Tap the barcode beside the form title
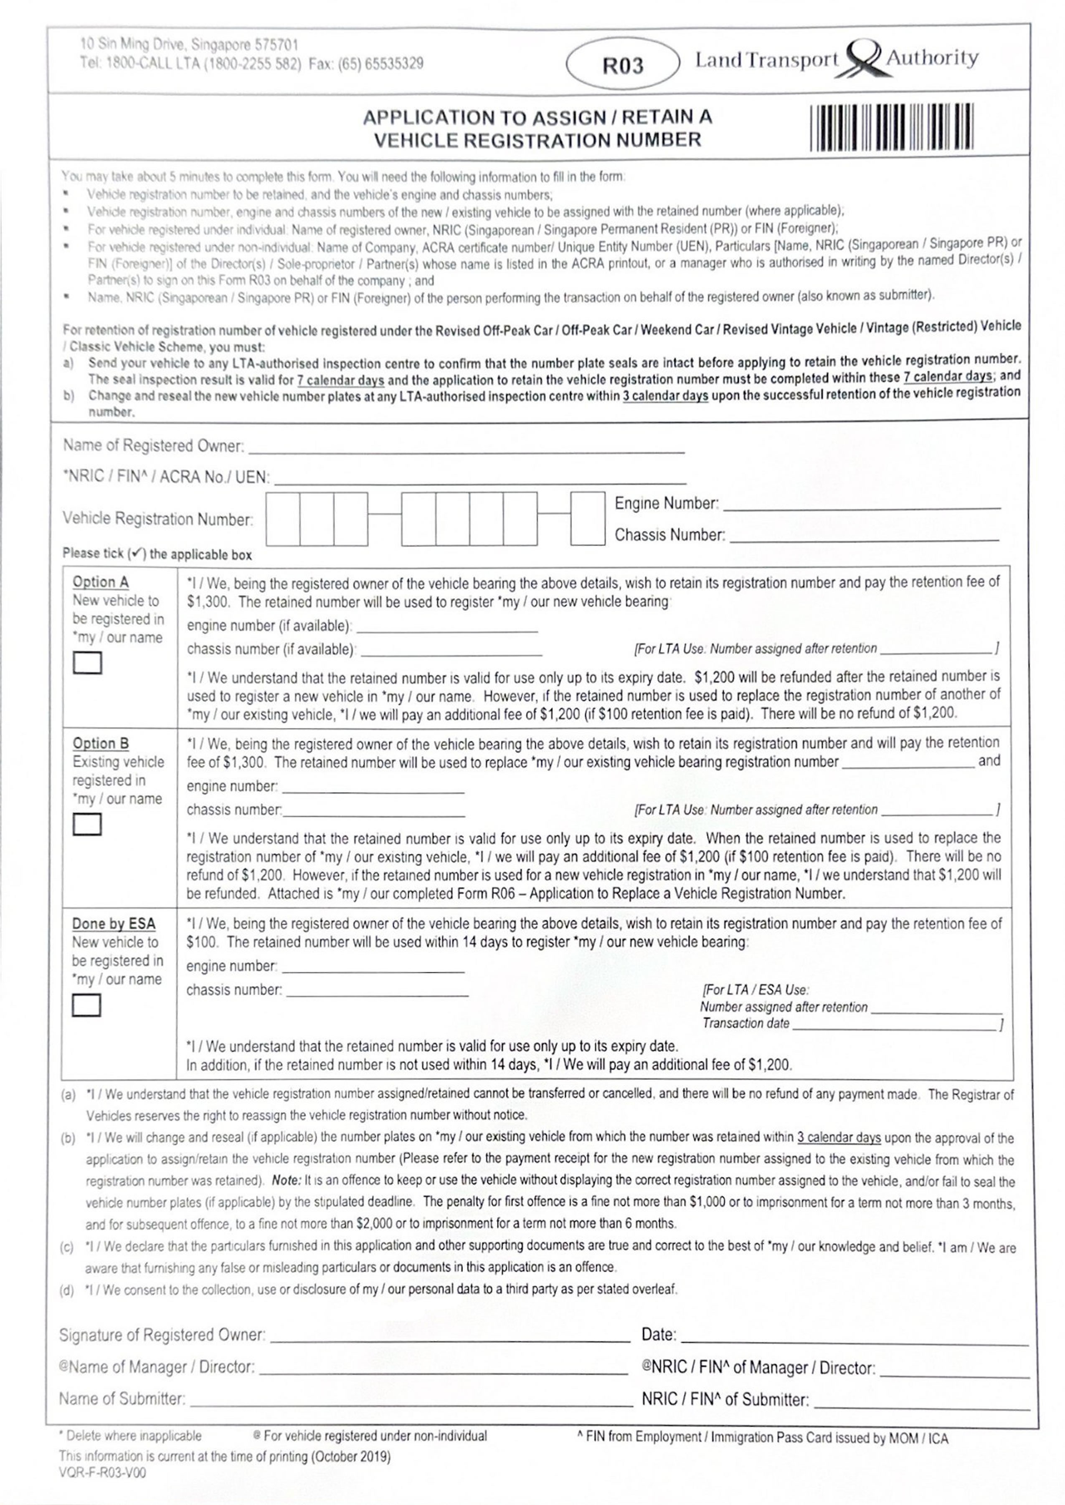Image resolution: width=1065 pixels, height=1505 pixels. point(891,127)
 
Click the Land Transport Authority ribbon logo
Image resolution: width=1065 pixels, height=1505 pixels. point(865,60)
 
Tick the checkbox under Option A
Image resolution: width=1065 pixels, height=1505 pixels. point(87,663)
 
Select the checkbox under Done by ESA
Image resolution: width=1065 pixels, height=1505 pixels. point(86,1005)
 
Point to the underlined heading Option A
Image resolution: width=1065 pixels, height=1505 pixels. point(100,582)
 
